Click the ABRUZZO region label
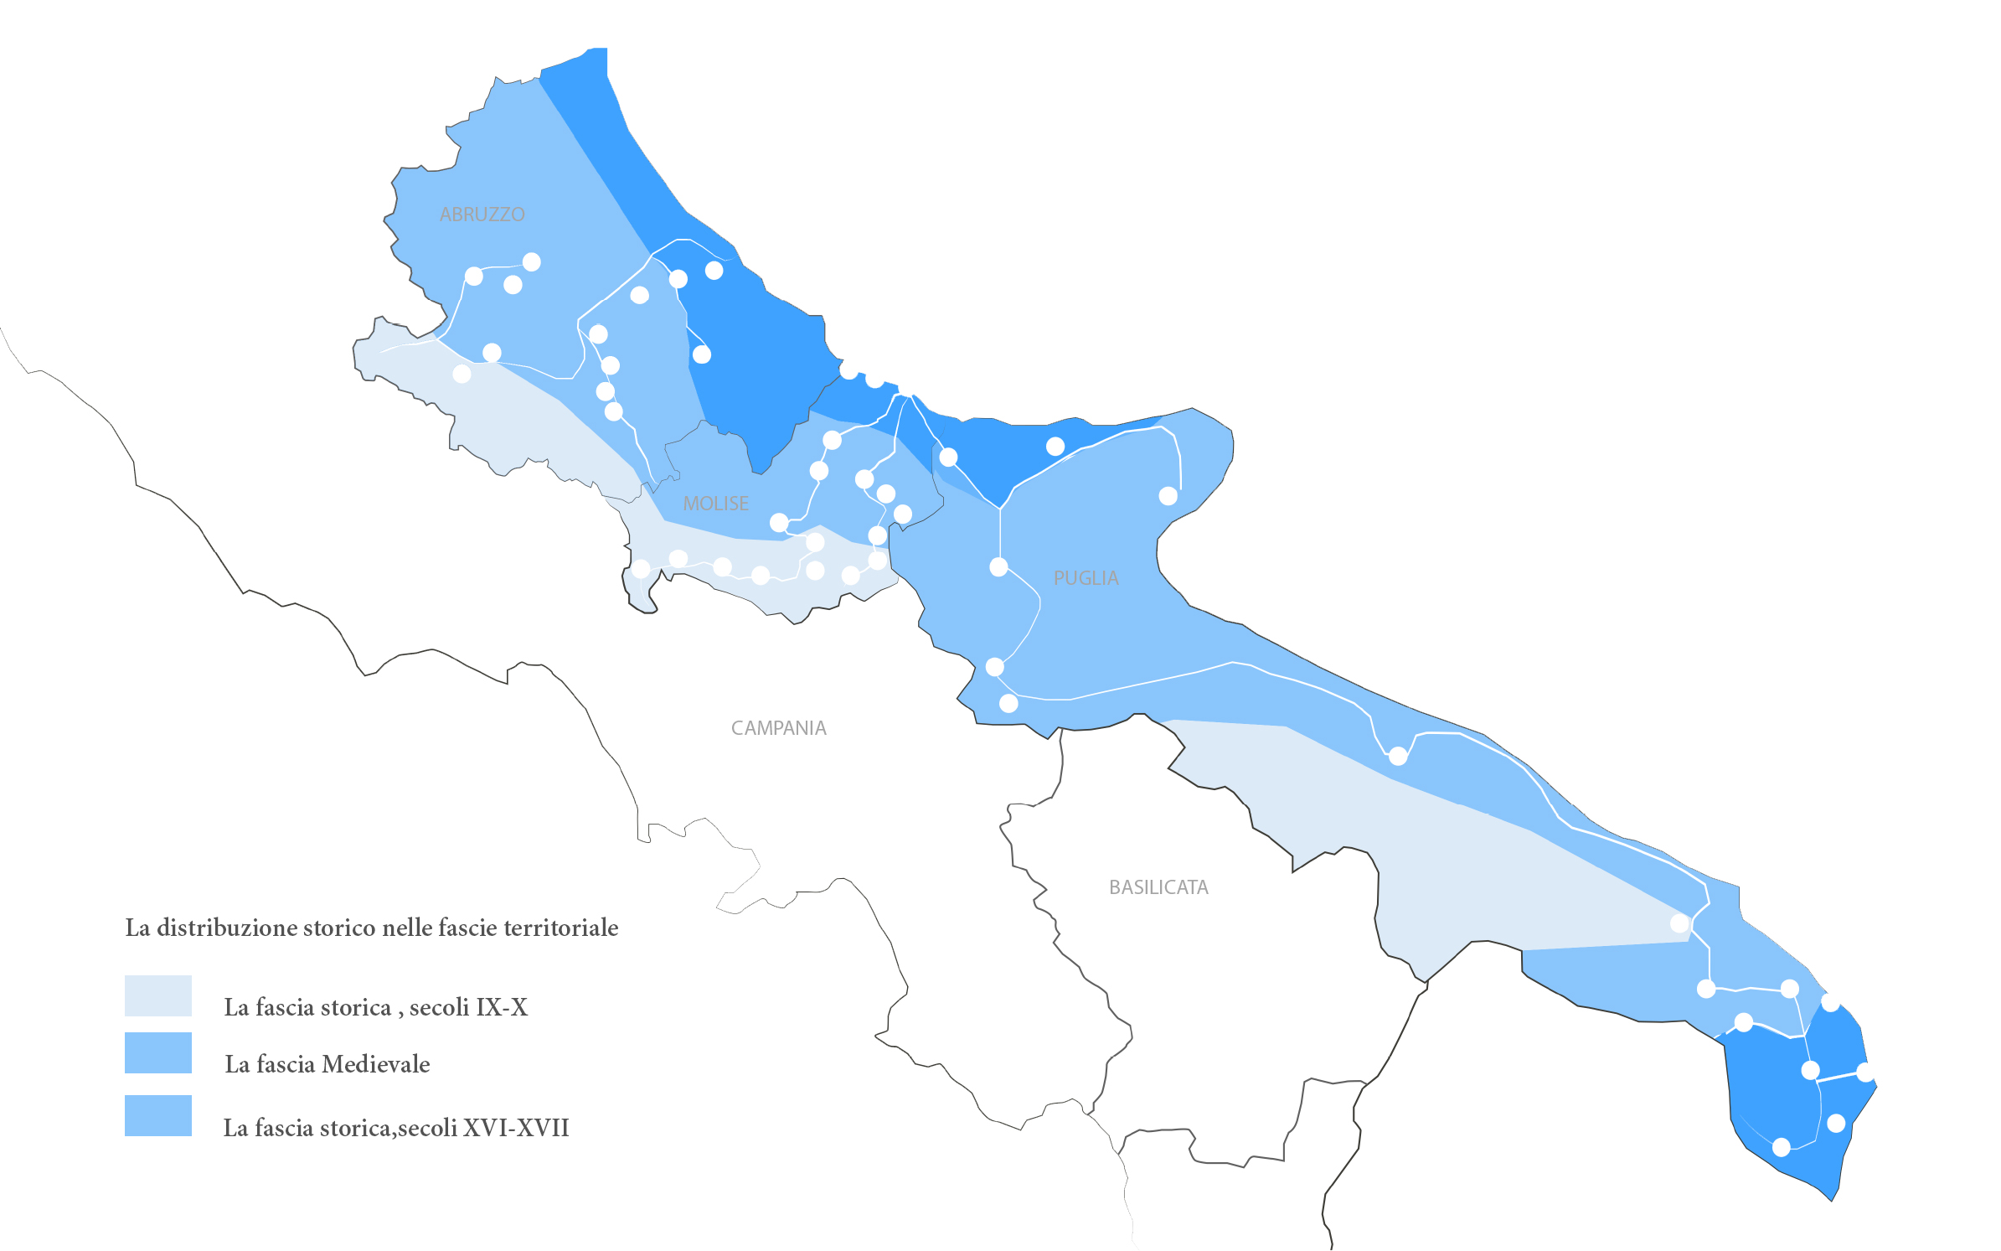tap(482, 215)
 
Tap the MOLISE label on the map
tap(715, 504)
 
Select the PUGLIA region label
tap(1086, 578)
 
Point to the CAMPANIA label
tap(778, 728)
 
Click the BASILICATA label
tap(1158, 887)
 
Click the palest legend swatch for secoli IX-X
tap(158, 995)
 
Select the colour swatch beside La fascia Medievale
tap(158, 1052)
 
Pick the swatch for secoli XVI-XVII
tap(158, 1115)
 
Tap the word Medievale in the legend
tap(375, 1064)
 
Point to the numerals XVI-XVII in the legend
tap(516, 1128)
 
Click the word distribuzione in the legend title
tap(226, 928)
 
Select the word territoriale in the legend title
tap(565, 928)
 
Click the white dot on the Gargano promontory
tap(1168, 496)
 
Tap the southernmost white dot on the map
tap(1782, 1147)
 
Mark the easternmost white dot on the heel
tap(1865, 1072)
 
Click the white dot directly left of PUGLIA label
tap(998, 567)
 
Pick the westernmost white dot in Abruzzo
tap(462, 374)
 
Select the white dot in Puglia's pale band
tap(1679, 923)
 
